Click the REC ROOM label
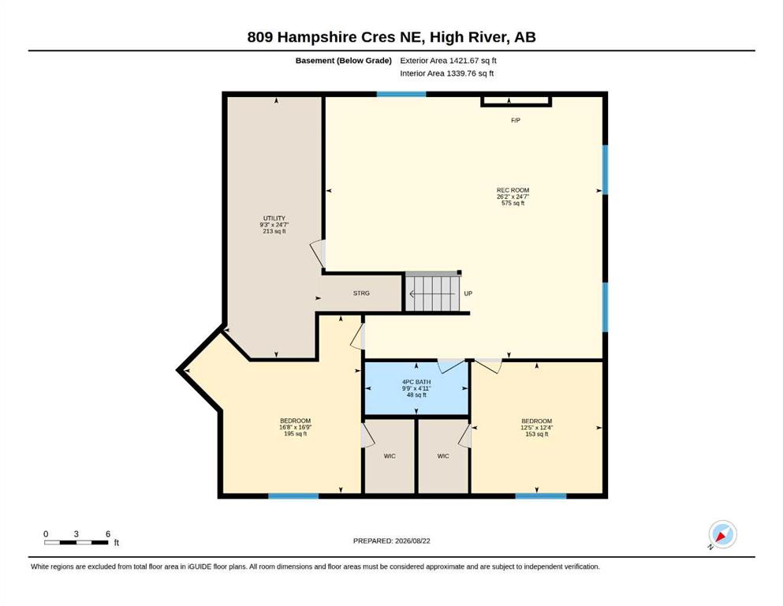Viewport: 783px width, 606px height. point(513,190)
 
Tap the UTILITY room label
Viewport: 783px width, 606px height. point(274,219)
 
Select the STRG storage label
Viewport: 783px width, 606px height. point(361,294)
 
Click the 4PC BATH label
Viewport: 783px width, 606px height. point(416,382)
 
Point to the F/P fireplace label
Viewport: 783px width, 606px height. point(516,121)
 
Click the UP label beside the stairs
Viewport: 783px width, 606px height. point(468,294)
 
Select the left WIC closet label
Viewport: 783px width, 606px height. point(390,456)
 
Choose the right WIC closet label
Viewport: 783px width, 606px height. point(443,456)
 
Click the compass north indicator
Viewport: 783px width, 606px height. point(722,535)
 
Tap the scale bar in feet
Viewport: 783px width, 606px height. point(76,542)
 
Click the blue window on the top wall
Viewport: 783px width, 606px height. point(401,94)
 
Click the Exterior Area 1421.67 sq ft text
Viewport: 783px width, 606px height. point(448,61)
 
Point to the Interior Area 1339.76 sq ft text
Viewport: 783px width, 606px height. point(447,73)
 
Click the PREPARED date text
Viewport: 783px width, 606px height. point(391,541)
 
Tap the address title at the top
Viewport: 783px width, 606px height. point(391,37)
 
